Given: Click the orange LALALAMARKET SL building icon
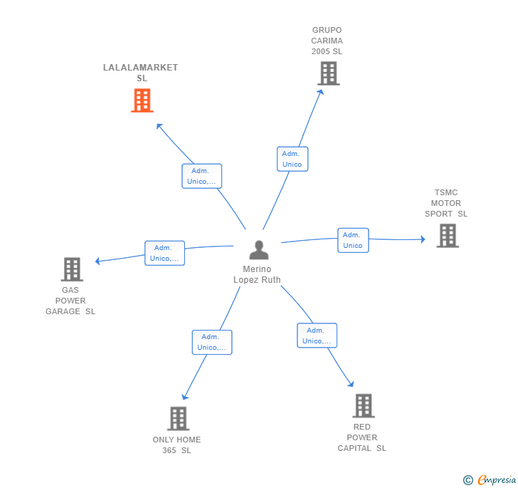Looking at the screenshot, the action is point(142,100).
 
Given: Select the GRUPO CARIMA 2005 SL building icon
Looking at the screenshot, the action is point(329,73).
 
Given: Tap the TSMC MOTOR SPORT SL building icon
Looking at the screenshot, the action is point(448,236).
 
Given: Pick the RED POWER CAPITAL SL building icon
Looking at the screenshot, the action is point(364,405).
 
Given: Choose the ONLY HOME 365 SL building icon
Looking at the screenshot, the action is point(178,418).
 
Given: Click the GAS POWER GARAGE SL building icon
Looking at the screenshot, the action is point(72,269).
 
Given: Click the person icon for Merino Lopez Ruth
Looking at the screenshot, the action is point(259,250).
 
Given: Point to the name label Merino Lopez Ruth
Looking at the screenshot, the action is point(257,274).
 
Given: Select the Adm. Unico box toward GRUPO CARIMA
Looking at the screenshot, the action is point(292,159).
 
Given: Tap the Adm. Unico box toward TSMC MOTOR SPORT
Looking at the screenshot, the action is point(353,240).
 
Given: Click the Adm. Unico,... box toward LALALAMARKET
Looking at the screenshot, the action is point(202,176).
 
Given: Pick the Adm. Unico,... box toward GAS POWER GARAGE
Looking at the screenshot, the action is point(164,253).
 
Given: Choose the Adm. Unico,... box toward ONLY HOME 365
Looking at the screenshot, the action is point(212,342).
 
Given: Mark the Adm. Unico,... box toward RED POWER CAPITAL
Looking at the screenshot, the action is point(317,336).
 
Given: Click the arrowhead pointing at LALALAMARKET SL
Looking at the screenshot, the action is point(159,126).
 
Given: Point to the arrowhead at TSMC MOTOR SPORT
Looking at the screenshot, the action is point(423,239).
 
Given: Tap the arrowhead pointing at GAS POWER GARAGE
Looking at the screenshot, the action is point(97,261).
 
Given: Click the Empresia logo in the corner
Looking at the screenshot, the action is point(490,479).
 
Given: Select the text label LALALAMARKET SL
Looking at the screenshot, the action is point(141,73).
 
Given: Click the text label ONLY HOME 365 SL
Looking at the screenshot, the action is point(176,445).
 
